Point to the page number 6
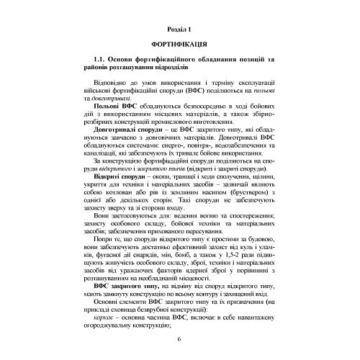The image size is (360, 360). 179,340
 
